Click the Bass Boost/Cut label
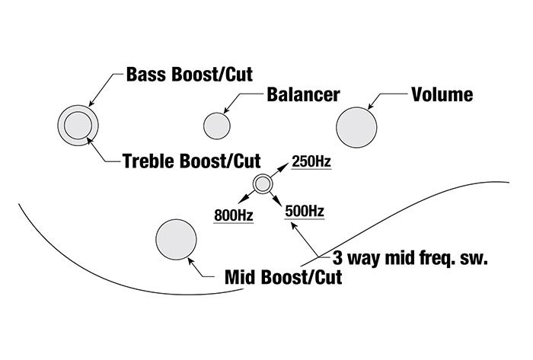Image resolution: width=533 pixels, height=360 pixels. [x=190, y=75]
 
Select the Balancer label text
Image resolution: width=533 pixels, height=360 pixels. [x=303, y=95]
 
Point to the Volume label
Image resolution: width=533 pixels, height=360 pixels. [x=442, y=95]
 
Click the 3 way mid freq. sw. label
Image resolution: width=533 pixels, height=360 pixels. [x=410, y=257]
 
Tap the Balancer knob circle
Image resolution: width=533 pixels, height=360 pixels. [x=216, y=124]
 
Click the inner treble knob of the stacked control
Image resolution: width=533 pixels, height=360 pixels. [x=76, y=124]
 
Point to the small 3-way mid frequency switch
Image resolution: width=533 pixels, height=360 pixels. [x=262, y=183]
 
